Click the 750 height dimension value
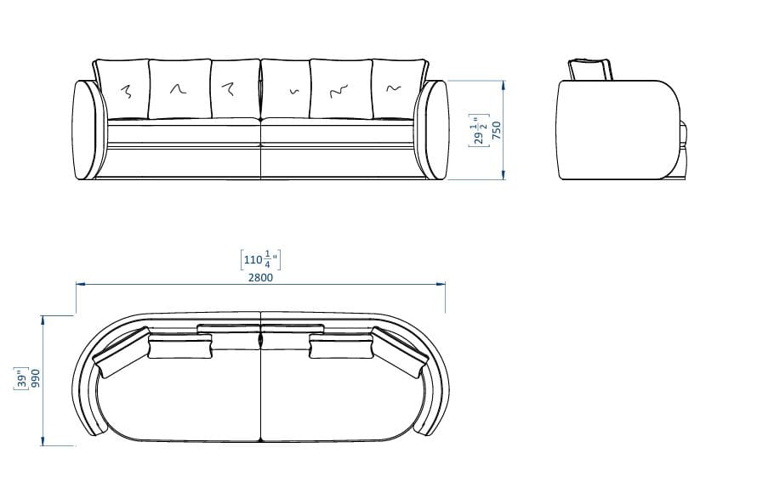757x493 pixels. point(497,130)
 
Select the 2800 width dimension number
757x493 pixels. point(260,278)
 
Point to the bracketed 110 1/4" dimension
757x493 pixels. point(260,258)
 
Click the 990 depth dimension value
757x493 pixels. point(36,381)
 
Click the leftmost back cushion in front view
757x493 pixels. point(122,88)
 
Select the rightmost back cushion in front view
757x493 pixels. point(396,88)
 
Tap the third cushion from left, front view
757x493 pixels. point(234,88)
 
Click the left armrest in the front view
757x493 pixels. point(88,130)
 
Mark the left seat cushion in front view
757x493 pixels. point(182,133)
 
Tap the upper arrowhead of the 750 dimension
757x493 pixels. point(505,85)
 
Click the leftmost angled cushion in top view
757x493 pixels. point(122,356)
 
